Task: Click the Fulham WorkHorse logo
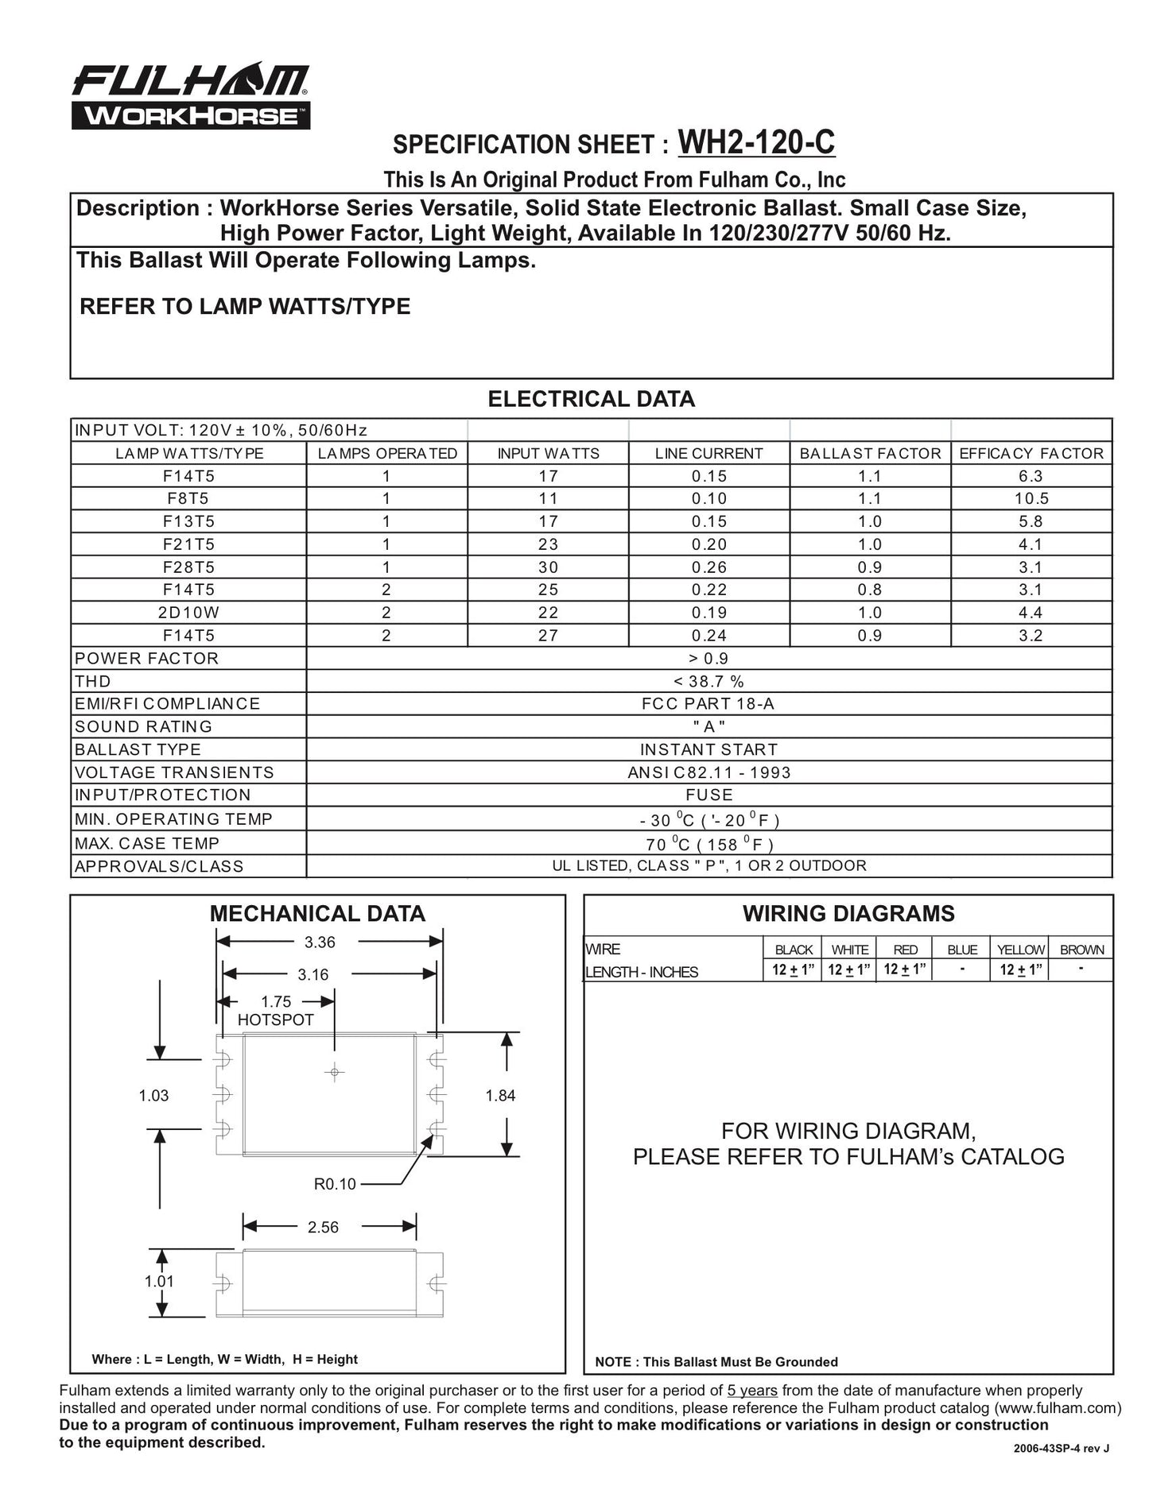click(x=190, y=96)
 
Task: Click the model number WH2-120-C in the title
click(x=755, y=143)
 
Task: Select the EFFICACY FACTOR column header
click(x=1031, y=454)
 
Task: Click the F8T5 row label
click(x=188, y=499)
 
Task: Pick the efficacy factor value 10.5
click(x=1031, y=499)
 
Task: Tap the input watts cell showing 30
click(x=548, y=567)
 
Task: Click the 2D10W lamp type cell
click(x=188, y=613)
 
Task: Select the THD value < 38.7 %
click(x=708, y=682)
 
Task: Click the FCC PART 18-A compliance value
click(x=708, y=704)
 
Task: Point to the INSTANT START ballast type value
click(x=708, y=750)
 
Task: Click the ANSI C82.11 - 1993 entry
click(x=708, y=773)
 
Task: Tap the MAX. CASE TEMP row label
click(x=147, y=844)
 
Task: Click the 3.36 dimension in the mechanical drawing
click(x=320, y=942)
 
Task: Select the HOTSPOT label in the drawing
click(x=276, y=1020)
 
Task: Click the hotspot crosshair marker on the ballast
click(x=334, y=1073)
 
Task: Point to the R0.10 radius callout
click(x=335, y=1184)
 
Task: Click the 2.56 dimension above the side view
click(x=323, y=1227)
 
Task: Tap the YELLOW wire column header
click(x=1020, y=950)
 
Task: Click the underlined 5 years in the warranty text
click(x=752, y=1391)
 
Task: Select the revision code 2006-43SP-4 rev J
click(x=1061, y=1448)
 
